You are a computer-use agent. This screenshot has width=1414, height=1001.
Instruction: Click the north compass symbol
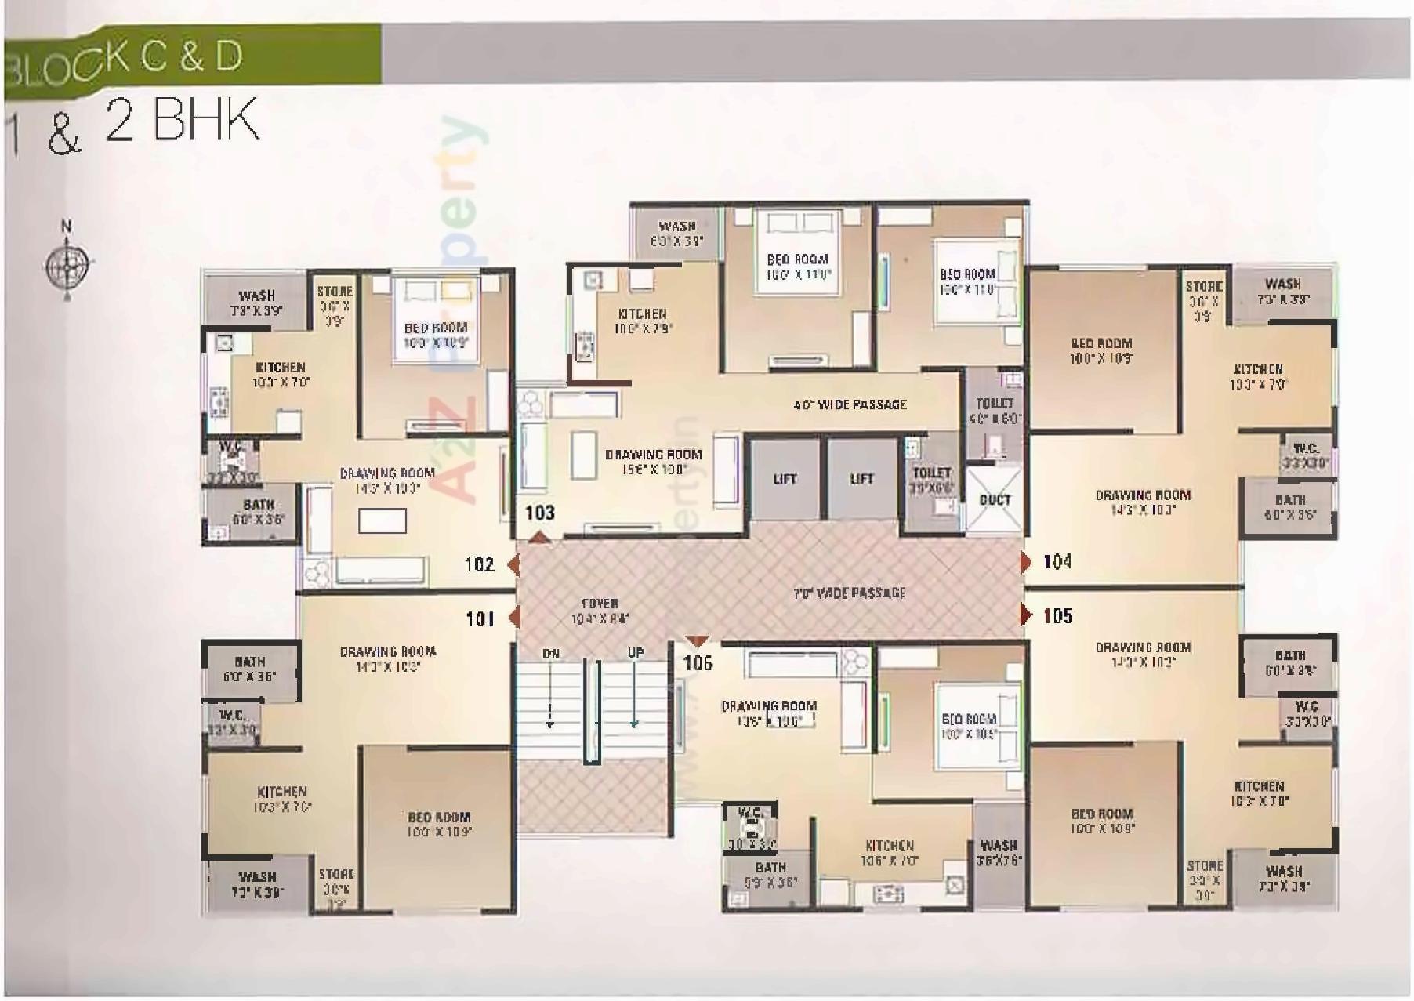pyautogui.click(x=67, y=267)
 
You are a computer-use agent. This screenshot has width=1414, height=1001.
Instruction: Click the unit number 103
pyautogui.click(x=539, y=513)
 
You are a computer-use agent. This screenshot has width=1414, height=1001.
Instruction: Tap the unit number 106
pyautogui.click(x=698, y=663)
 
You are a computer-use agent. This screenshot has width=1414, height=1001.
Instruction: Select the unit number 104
pyautogui.click(x=1057, y=561)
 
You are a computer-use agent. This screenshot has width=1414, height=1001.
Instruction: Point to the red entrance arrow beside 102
pyautogui.click(x=513, y=564)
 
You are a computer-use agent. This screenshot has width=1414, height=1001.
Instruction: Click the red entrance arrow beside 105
pyautogui.click(x=1026, y=615)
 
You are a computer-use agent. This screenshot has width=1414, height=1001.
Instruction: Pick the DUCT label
pyautogui.click(x=995, y=499)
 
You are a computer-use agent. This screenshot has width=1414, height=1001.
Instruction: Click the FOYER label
pyautogui.click(x=600, y=604)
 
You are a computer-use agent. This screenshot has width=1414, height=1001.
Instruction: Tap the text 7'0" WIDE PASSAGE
pyautogui.click(x=850, y=593)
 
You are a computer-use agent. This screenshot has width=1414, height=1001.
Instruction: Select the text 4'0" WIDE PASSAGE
pyautogui.click(x=850, y=404)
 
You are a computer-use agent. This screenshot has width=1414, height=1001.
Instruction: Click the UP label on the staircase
pyautogui.click(x=635, y=652)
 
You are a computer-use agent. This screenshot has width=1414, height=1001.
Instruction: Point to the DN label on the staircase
pyautogui.click(x=551, y=653)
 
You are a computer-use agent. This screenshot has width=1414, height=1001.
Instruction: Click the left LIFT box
pyautogui.click(x=785, y=478)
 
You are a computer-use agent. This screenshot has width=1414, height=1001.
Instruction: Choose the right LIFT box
pyautogui.click(x=861, y=478)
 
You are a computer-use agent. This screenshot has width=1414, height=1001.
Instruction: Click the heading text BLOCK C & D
pyautogui.click(x=125, y=60)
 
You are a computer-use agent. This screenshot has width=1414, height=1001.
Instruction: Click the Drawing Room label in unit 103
pyautogui.click(x=653, y=455)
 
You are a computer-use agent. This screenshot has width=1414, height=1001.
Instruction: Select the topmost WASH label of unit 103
pyautogui.click(x=676, y=227)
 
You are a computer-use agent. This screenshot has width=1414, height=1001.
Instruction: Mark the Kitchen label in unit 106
pyautogui.click(x=890, y=846)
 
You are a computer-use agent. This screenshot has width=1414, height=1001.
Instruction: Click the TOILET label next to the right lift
pyautogui.click(x=931, y=473)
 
